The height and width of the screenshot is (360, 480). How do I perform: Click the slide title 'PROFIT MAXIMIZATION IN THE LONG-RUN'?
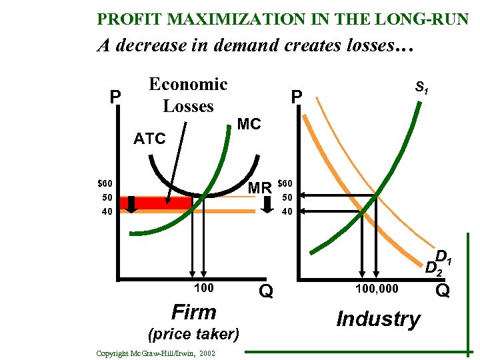pos(283,19)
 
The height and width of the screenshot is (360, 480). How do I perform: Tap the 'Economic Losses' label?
pos(188,95)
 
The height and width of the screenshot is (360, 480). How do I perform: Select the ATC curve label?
pos(149,139)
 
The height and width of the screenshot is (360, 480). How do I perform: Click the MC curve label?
pos(249,125)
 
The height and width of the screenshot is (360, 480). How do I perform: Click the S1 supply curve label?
pos(421,87)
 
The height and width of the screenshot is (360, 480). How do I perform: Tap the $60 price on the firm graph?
pos(105,183)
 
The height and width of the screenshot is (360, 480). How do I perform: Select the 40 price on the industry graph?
pos(287,212)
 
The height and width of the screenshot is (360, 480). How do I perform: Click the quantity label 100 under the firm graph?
pos(204,288)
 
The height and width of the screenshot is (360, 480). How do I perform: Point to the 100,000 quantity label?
pos(376,288)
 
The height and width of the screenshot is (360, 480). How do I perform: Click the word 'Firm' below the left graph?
pos(194,312)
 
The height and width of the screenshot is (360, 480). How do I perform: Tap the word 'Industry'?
pos(378,319)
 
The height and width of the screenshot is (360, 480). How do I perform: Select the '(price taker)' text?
pos(194,333)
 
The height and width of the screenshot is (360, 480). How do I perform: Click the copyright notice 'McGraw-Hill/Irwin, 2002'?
pos(155,353)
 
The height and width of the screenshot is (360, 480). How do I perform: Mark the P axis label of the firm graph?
pos(115,98)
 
